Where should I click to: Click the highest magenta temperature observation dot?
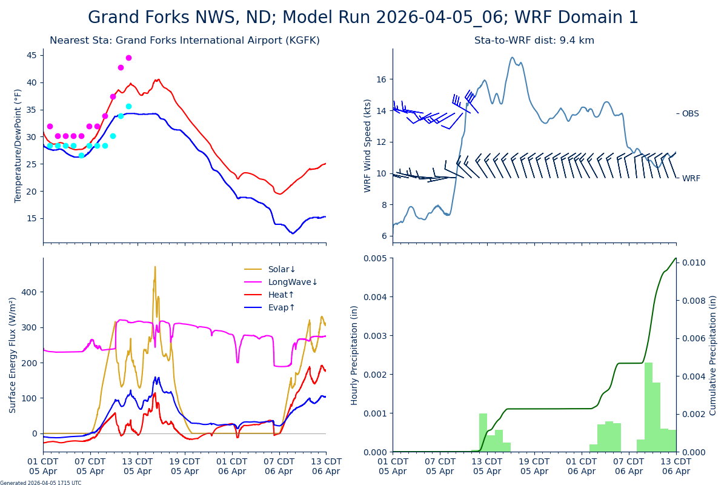[x=128, y=58]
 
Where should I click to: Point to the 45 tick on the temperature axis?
[x=35, y=55]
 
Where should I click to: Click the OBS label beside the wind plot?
[x=690, y=113]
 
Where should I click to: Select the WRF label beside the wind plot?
[x=691, y=178]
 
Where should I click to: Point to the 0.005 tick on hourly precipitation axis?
[x=376, y=258]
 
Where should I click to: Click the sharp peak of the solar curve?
[x=154, y=267]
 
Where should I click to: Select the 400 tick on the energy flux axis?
[x=30, y=292]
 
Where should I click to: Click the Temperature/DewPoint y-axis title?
[x=18, y=145]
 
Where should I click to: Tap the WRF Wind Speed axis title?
[x=368, y=145]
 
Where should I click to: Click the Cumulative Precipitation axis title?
[x=713, y=355]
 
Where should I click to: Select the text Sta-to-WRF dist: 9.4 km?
[x=534, y=41]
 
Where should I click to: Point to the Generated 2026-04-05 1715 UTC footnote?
[x=41, y=483]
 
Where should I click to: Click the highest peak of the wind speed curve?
[x=512, y=58]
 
